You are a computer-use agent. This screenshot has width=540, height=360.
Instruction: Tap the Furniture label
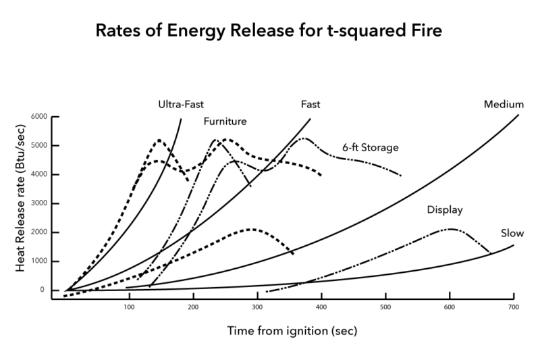point(225,122)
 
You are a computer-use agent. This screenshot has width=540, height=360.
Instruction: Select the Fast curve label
point(310,105)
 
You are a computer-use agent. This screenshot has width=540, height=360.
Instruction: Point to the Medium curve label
point(504,105)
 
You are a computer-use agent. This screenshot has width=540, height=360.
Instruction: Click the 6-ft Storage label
point(370,147)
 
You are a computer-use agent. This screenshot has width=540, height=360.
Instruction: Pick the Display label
point(445,209)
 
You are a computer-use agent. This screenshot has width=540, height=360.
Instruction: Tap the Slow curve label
point(512,234)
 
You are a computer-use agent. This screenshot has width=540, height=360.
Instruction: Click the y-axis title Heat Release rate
point(21,203)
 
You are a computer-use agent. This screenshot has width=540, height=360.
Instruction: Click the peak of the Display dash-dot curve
point(449,230)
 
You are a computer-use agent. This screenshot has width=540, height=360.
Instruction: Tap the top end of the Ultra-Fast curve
point(182,119)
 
